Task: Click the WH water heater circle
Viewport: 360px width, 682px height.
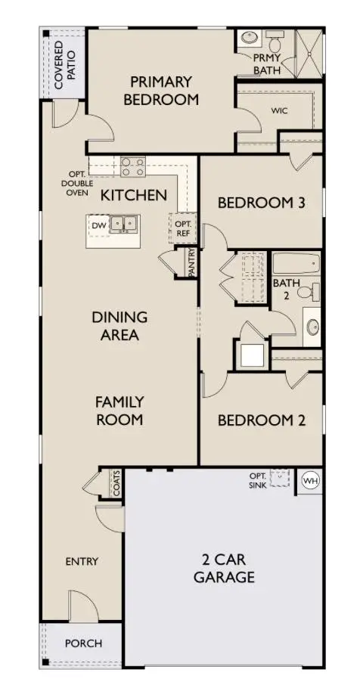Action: pos(310,479)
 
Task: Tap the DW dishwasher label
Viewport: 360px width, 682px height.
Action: pos(98,225)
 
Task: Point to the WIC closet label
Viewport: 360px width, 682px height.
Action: pos(280,110)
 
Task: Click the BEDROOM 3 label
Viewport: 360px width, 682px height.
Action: pos(255,203)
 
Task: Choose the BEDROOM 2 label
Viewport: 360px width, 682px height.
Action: pos(261,420)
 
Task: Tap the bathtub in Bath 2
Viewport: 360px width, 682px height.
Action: pos(296,265)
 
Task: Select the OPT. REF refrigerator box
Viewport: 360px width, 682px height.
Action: pos(183,228)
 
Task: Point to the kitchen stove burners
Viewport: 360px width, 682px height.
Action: pos(134,166)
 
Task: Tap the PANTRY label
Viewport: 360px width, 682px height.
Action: pos(192,263)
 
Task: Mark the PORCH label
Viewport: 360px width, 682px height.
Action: pos(82,643)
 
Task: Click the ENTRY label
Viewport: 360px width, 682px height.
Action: pos(82,562)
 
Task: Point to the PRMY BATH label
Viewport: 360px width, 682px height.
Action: pos(266,64)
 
